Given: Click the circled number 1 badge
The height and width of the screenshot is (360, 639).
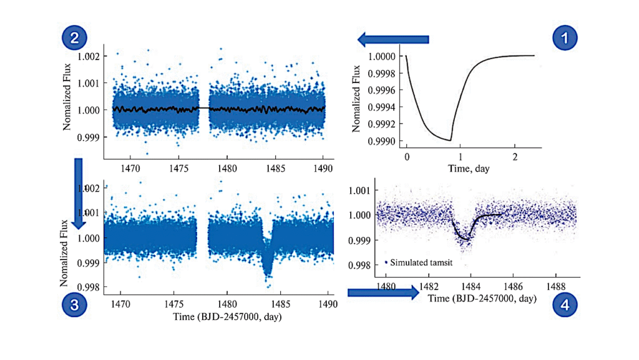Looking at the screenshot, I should click(x=565, y=39).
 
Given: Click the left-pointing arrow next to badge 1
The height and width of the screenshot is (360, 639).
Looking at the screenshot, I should click(x=393, y=40).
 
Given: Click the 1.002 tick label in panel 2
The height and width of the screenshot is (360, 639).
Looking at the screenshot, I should click(x=87, y=57).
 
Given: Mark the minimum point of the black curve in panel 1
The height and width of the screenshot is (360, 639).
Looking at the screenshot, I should click(x=449, y=140).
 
